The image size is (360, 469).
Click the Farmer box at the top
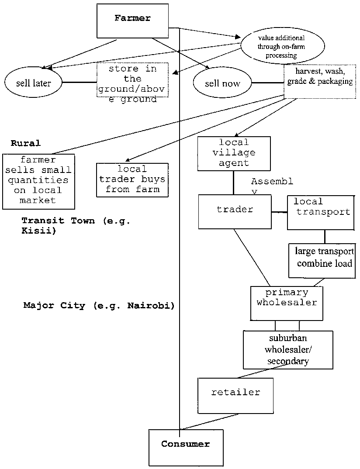click(132, 21)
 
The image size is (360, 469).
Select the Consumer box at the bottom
click(186, 448)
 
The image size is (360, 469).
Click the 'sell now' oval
click(222, 83)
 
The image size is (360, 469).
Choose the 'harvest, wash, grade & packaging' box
click(319, 81)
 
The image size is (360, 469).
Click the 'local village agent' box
click(235, 154)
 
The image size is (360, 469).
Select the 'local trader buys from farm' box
click(132, 179)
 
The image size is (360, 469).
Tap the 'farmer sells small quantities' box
click(38, 181)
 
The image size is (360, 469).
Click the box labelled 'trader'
click(235, 211)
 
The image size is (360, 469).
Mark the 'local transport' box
click(321, 212)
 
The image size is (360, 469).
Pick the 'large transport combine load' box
click(324, 260)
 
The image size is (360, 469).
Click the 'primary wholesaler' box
click(287, 303)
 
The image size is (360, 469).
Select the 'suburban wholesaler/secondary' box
click(287, 349)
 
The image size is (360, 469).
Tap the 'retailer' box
click(235, 396)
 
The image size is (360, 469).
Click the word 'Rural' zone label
click(26, 143)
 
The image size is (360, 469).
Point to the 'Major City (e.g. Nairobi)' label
click(99, 306)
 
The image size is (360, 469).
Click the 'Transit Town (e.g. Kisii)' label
click(76, 225)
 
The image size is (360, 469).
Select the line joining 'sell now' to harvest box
click(268, 83)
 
